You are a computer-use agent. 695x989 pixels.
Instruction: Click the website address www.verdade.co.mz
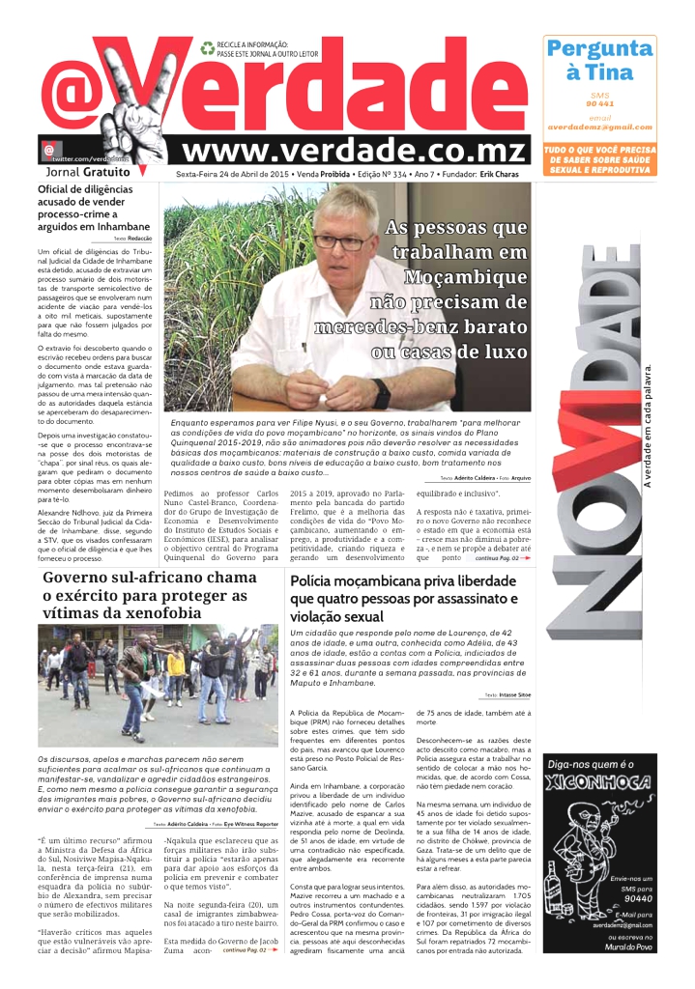pos(356,151)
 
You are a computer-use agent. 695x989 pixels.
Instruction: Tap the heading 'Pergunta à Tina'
pos(599,60)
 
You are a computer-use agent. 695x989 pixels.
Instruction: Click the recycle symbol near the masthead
pos(207,45)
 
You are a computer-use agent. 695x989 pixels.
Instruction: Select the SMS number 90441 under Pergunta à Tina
pos(599,103)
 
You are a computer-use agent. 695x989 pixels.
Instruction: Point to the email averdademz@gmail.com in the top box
pos(599,127)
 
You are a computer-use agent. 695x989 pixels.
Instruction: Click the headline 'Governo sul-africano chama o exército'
pos(150,595)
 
